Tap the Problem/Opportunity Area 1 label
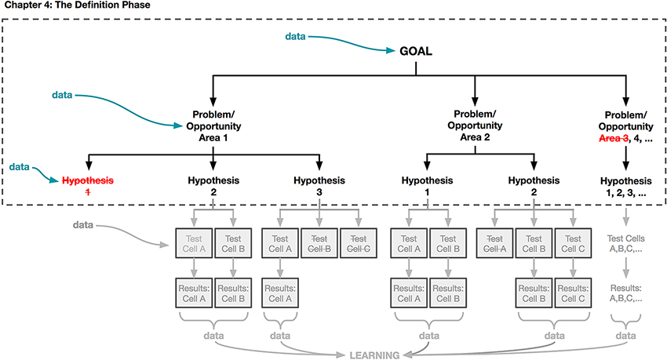tap(213, 125)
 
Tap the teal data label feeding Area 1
tap(63, 95)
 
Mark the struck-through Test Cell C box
tap(358, 244)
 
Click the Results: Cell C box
tap(572, 293)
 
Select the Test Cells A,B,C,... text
tap(625, 244)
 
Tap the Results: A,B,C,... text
tap(625, 293)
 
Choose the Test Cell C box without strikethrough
tap(572, 244)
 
